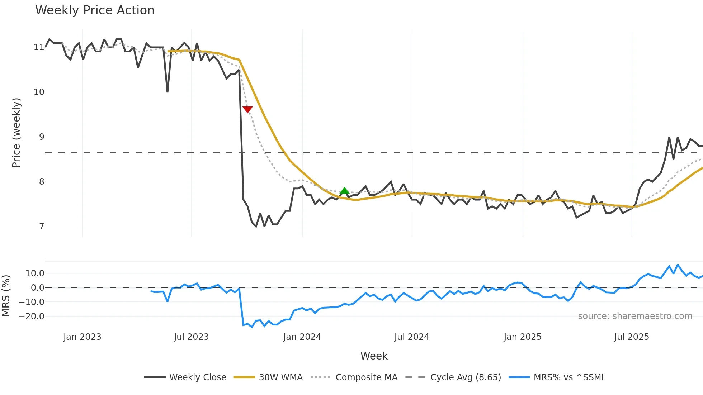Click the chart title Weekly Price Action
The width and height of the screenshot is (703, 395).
click(x=95, y=10)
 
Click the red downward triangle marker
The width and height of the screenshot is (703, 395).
click(x=247, y=109)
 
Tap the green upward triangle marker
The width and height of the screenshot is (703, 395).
click(x=344, y=191)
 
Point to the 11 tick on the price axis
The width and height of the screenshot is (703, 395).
click(x=39, y=47)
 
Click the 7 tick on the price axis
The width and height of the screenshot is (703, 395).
click(x=42, y=227)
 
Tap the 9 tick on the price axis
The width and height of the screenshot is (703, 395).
click(x=42, y=137)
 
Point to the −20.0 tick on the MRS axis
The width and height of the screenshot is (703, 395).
click(x=32, y=317)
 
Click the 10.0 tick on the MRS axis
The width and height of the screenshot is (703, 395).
click(x=35, y=273)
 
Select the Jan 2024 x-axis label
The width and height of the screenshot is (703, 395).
click(x=302, y=337)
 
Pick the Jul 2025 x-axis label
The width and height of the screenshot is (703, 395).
click(x=631, y=337)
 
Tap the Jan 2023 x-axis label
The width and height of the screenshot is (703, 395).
click(x=82, y=337)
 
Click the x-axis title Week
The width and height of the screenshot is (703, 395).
click(x=374, y=356)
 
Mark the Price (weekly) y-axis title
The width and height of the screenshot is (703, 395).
click(x=16, y=133)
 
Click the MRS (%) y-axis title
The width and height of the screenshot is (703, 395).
click(x=6, y=296)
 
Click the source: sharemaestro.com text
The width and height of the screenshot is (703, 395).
click(x=635, y=316)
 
